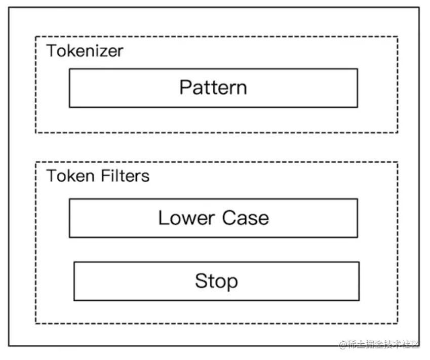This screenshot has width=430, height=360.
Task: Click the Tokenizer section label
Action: (85, 51)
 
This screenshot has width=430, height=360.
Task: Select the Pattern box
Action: (213, 88)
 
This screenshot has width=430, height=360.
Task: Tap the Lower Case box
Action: (213, 218)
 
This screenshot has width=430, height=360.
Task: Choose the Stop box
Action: (216, 282)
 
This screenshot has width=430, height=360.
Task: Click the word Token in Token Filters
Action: (70, 176)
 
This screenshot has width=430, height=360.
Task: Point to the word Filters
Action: (125, 176)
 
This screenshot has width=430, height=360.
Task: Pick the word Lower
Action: (186, 218)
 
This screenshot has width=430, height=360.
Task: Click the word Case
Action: (246, 218)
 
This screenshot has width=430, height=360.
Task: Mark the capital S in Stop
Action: (201, 281)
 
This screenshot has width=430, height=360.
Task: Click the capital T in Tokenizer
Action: (52, 51)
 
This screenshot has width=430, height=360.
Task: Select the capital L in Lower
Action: (163, 218)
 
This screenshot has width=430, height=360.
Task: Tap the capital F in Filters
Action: (105, 176)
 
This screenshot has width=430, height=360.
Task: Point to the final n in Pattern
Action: (241, 90)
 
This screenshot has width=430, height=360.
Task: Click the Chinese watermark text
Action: (383, 344)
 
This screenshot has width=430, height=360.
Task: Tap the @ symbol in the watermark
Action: (343, 345)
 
